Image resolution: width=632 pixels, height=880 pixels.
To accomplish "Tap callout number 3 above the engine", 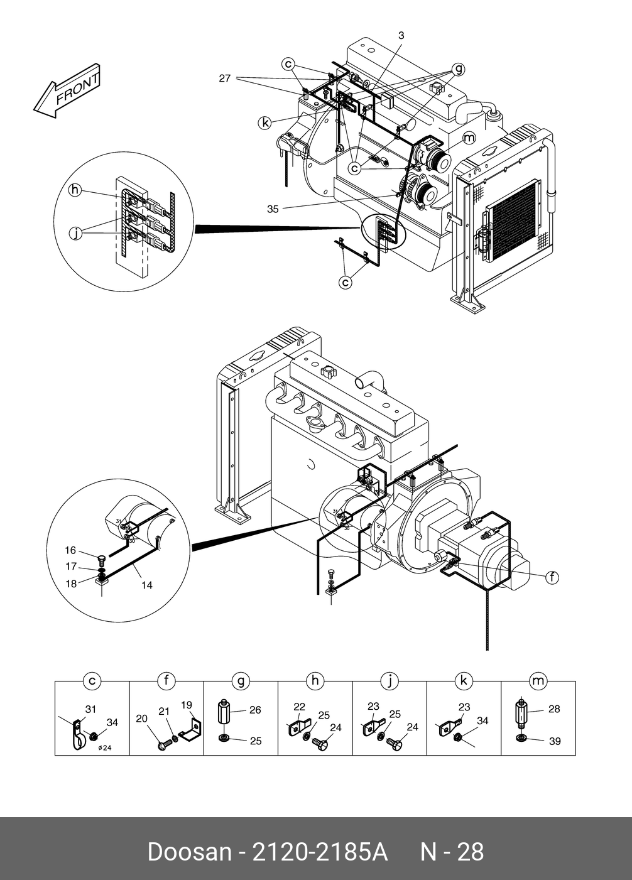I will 401,36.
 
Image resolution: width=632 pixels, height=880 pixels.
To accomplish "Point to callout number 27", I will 225,79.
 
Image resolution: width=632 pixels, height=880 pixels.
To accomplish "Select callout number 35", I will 273,209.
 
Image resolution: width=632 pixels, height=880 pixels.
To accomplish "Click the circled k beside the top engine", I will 265,123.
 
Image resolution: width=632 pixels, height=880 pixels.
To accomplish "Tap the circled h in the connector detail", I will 75,190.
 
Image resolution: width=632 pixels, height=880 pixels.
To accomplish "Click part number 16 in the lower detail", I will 70,550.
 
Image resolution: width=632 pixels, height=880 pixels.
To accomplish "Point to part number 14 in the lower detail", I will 146,585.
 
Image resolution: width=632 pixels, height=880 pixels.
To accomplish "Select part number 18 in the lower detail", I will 71,584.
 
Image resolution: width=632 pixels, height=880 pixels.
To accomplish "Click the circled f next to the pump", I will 552,577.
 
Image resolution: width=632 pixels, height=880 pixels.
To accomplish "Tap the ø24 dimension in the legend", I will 105,747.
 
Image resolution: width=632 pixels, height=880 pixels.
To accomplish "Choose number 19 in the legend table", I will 187,705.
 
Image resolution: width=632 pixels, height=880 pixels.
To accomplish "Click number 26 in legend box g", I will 255,710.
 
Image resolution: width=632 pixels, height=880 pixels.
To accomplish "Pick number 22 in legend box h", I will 300,707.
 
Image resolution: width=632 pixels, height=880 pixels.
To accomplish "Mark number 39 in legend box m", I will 555,741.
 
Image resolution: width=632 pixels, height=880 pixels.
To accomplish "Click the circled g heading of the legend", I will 241,681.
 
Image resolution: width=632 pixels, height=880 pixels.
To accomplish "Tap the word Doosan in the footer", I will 189,852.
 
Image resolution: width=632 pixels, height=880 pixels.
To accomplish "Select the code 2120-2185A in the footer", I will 319,852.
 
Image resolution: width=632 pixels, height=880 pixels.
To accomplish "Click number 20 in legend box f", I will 141,719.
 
